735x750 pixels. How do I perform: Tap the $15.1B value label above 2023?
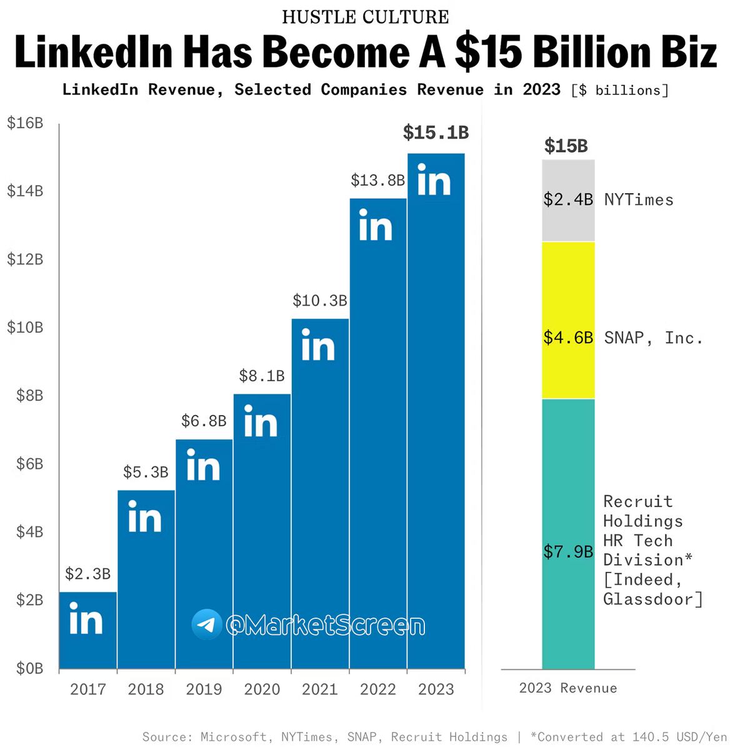click(436, 132)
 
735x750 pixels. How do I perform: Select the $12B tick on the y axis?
click(25, 259)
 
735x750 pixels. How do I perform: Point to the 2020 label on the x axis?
click(262, 689)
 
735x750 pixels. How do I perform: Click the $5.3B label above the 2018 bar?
click(146, 472)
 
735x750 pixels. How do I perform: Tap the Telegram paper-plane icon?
click(207, 624)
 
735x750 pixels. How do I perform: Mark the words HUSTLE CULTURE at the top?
click(366, 17)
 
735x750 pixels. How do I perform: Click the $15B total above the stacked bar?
click(566, 146)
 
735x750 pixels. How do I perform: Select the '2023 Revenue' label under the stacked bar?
click(568, 688)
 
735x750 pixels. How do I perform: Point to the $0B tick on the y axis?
click(29, 668)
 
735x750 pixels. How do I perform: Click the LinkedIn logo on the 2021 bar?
click(318, 346)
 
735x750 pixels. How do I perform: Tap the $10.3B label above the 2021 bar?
click(320, 301)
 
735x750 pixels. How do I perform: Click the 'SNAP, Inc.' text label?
click(653, 338)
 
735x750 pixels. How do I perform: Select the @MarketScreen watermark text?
click(326, 625)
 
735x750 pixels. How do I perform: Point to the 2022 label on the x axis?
click(378, 689)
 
